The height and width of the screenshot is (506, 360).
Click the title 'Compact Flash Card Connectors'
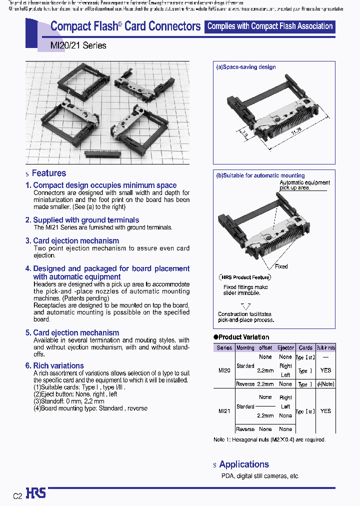click(x=125, y=26)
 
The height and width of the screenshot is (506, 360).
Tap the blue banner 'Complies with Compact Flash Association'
click(x=269, y=26)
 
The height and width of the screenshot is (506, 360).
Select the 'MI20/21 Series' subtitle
click(x=78, y=45)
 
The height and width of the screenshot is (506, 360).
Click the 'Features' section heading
click(x=48, y=173)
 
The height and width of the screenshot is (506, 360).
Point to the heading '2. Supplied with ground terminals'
click(x=85, y=220)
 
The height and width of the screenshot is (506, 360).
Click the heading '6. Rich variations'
click(x=58, y=365)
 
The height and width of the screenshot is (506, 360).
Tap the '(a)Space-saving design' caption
click(x=245, y=67)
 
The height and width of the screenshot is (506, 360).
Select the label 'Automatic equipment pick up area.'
click(x=304, y=185)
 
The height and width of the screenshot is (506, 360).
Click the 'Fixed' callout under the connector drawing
click(x=281, y=266)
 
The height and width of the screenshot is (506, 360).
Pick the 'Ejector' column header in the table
click(x=285, y=347)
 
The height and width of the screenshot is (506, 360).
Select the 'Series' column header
click(x=224, y=347)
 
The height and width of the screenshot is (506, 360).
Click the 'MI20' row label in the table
click(x=224, y=370)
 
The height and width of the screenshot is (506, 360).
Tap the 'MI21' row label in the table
click(x=224, y=411)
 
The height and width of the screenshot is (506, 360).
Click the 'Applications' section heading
click(x=243, y=464)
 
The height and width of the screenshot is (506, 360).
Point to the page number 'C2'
click(x=17, y=496)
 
